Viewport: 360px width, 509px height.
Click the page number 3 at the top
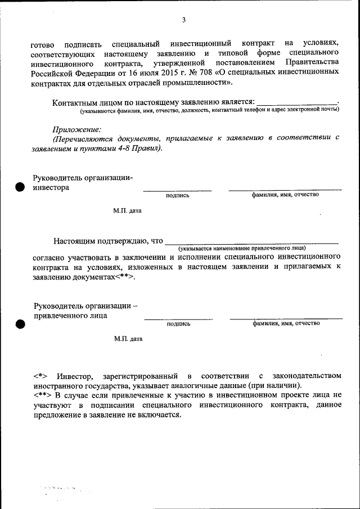tap(183, 20)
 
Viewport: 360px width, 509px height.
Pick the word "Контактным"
tap(74, 103)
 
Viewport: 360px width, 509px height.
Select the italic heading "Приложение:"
tap(77, 129)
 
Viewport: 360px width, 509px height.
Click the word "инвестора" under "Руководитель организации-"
tap(51, 188)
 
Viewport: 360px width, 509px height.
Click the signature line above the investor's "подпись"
tap(177, 191)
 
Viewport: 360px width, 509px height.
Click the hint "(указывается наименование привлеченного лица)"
tap(242, 247)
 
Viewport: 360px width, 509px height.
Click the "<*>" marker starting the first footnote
tap(40, 375)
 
